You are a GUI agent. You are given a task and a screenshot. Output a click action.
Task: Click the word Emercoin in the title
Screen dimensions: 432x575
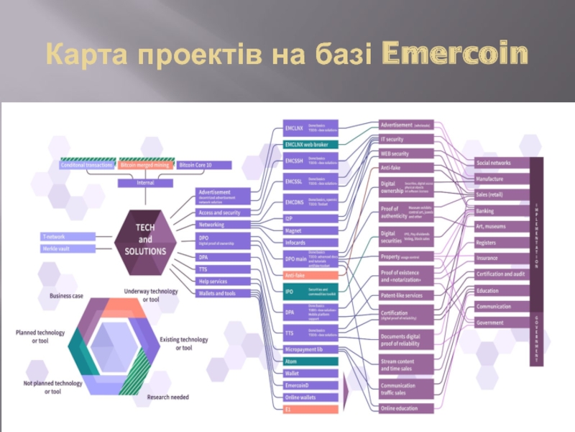pyautogui.click(x=454, y=54)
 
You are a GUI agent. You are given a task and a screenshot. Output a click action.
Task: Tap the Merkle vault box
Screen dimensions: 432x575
pyautogui.click(x=68, y=248)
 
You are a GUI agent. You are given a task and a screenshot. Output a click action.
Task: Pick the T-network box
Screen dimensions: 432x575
pyautogui.click(x=68, y=236)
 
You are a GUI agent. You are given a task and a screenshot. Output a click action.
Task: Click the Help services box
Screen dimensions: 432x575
pyautogui.click(x=223, y=281)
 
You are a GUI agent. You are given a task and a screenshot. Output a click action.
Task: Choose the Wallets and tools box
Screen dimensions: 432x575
pyautogui.click(x=223, y=293)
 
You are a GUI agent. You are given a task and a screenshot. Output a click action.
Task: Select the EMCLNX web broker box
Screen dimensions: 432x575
pyautogui.click(x=310, y=145)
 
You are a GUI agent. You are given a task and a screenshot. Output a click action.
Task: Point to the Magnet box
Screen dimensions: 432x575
pyautogui.click(x=310, y=230)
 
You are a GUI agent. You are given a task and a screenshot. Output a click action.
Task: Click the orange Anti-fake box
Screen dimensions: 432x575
pyautogui.click(x=310, y=275)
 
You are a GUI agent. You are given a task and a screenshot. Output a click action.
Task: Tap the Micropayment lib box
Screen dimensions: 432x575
pyautogui.click(x=310, y=349)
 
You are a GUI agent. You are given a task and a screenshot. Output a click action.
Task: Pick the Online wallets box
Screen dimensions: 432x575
pyautogui.click(x=310, y=397)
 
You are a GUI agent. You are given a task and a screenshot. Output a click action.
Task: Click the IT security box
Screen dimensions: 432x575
pyautogui.click(x=406, y=139)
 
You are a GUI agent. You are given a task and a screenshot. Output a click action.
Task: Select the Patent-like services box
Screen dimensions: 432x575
pyautogui.click(x=406, y=295)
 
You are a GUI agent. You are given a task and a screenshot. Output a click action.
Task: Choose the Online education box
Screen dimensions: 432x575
pyautogui.click(x=406, y=408)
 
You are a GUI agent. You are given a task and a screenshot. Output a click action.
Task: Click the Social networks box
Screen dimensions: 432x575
pyautogui.click(x=502, y=163)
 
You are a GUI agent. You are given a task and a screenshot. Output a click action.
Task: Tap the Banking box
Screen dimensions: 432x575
pyautogui.click(x=502, y=211)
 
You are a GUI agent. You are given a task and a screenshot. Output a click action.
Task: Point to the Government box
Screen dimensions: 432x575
pyautogui.click(x=502, y=323)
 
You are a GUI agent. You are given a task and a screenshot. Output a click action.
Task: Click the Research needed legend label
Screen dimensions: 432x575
pyautogui.click(x=168, y=397)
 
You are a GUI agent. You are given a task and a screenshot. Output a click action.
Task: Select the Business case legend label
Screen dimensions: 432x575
pyautogui.click(x=66, y=296)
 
